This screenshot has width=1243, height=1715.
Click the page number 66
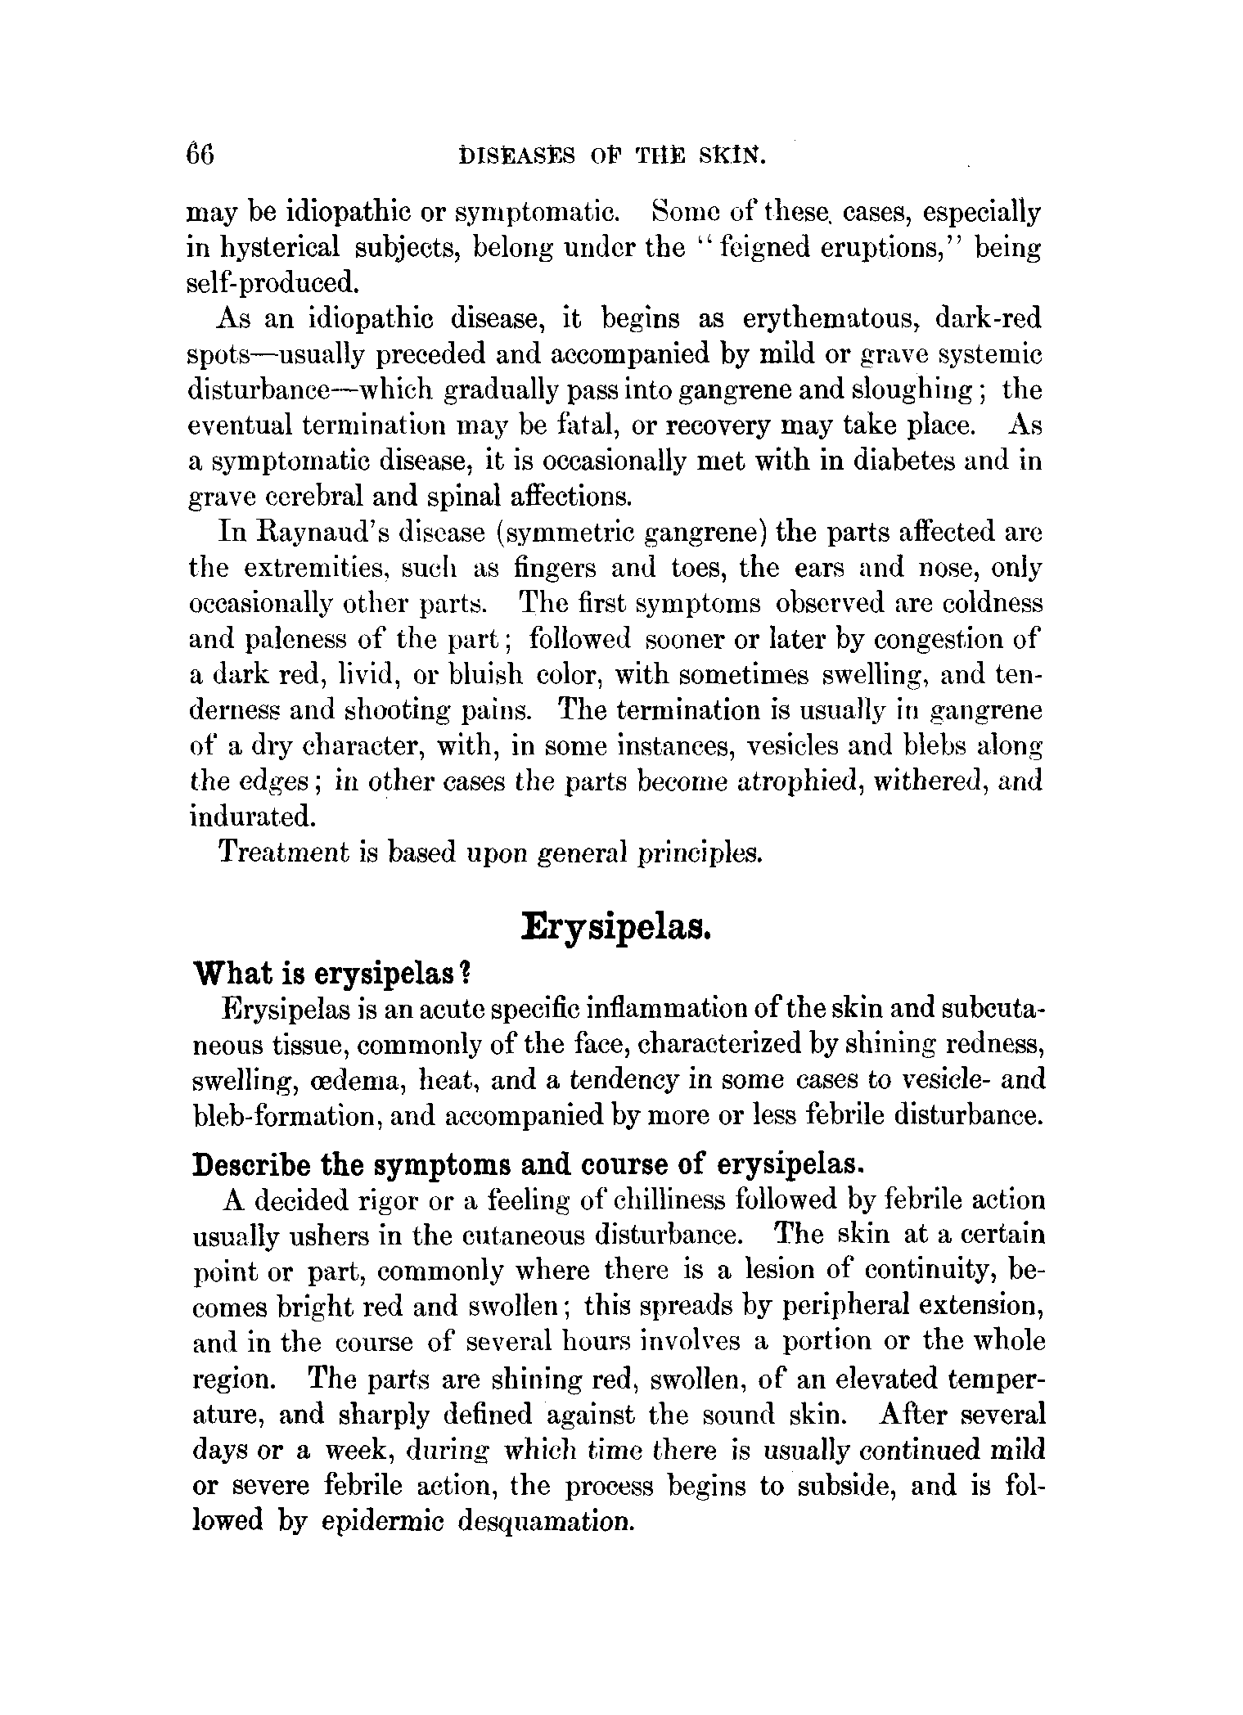[x=200, y=155]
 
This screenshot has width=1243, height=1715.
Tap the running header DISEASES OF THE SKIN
[x=613, y=155]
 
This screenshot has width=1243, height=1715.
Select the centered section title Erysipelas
[x=615, y=928]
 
